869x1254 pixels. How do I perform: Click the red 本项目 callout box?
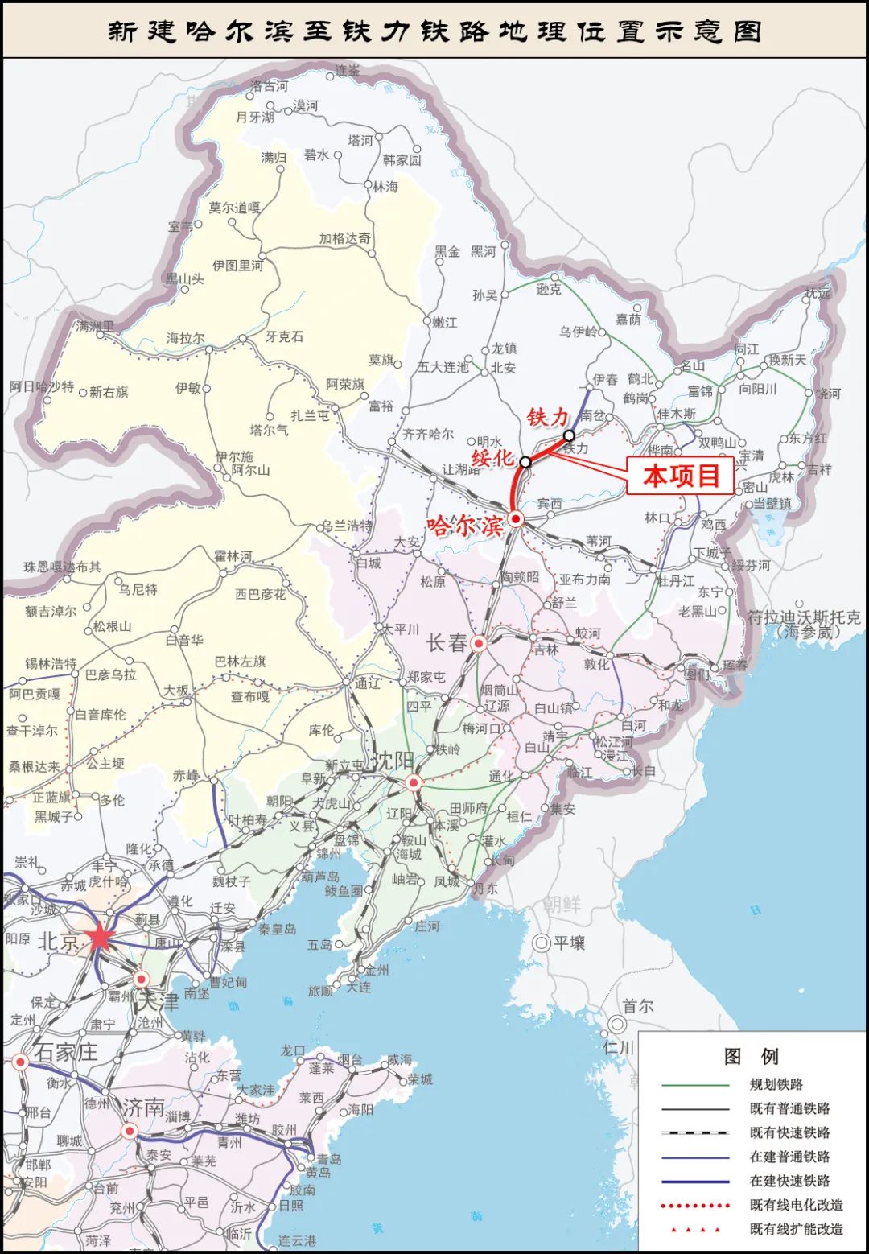click(680, 476)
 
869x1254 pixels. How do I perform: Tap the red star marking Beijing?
click(99, 936)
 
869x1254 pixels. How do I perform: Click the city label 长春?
click(447, 643)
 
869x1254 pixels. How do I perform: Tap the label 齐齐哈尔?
click(427, 435)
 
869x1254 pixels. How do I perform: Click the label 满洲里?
click(95, 327)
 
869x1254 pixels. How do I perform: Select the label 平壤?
click(570, 943)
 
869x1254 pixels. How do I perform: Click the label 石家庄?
click(65, 1052)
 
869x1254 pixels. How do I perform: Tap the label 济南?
click(143, 1108)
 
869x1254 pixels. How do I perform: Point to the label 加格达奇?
click(344, 238)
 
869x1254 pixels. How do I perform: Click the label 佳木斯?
click(676, 414)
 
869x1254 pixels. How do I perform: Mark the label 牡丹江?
click(675, 581)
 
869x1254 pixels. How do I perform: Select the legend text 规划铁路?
click(776, 1084)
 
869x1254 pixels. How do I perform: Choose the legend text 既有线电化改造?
click(796, 1205)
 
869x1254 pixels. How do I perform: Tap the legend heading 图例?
click(751, 1056)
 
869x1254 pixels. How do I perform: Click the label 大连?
click(359, 987)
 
